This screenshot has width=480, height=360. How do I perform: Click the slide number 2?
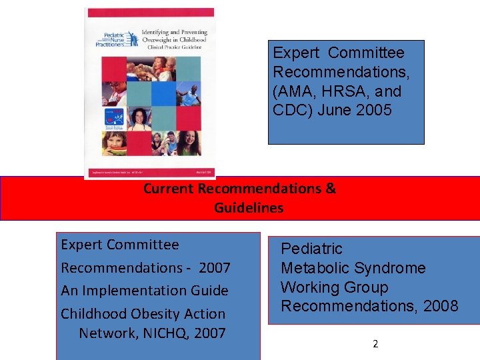pyautogui.click(x=375, y=344)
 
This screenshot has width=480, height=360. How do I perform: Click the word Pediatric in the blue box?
pyautogui.click(x=311, y=249)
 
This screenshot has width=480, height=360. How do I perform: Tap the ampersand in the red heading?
pyautogui.click(x=331, y=188)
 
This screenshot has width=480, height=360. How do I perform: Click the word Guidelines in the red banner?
pyautogui.click(x=249, y=208)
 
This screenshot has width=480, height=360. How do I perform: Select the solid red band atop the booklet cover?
pyautogui.click(x=151, y=13)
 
